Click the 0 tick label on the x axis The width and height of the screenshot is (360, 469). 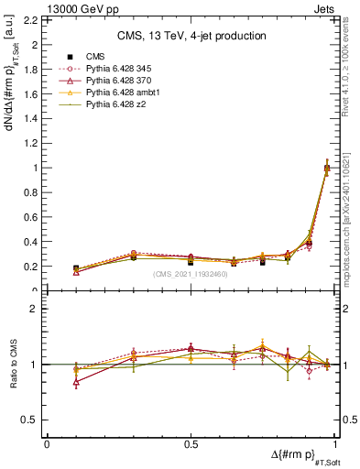pos(47,443)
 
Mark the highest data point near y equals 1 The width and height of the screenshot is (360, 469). pos(327,168)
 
